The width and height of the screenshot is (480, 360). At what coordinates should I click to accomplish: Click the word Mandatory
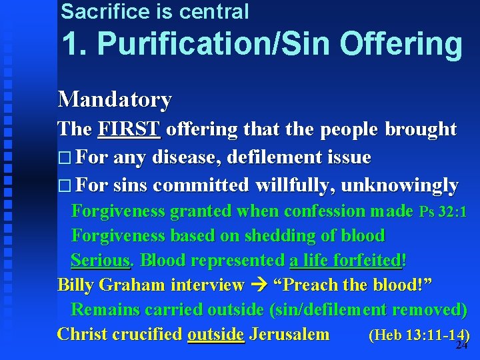point(115,99)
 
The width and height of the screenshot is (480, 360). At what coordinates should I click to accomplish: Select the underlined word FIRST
point(129,129)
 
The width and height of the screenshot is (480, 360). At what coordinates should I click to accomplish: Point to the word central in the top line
point(214,11)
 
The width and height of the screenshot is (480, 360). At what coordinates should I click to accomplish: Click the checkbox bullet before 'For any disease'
point(64,159)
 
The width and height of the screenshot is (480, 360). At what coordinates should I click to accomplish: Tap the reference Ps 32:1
point(443,212)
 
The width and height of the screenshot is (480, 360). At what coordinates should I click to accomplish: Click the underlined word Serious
point(100,260)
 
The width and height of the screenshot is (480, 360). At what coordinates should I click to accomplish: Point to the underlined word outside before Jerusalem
point(215,334)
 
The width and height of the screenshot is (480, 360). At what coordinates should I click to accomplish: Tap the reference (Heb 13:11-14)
point(419,335)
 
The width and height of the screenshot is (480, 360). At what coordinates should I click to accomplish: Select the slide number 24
point(461,345)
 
